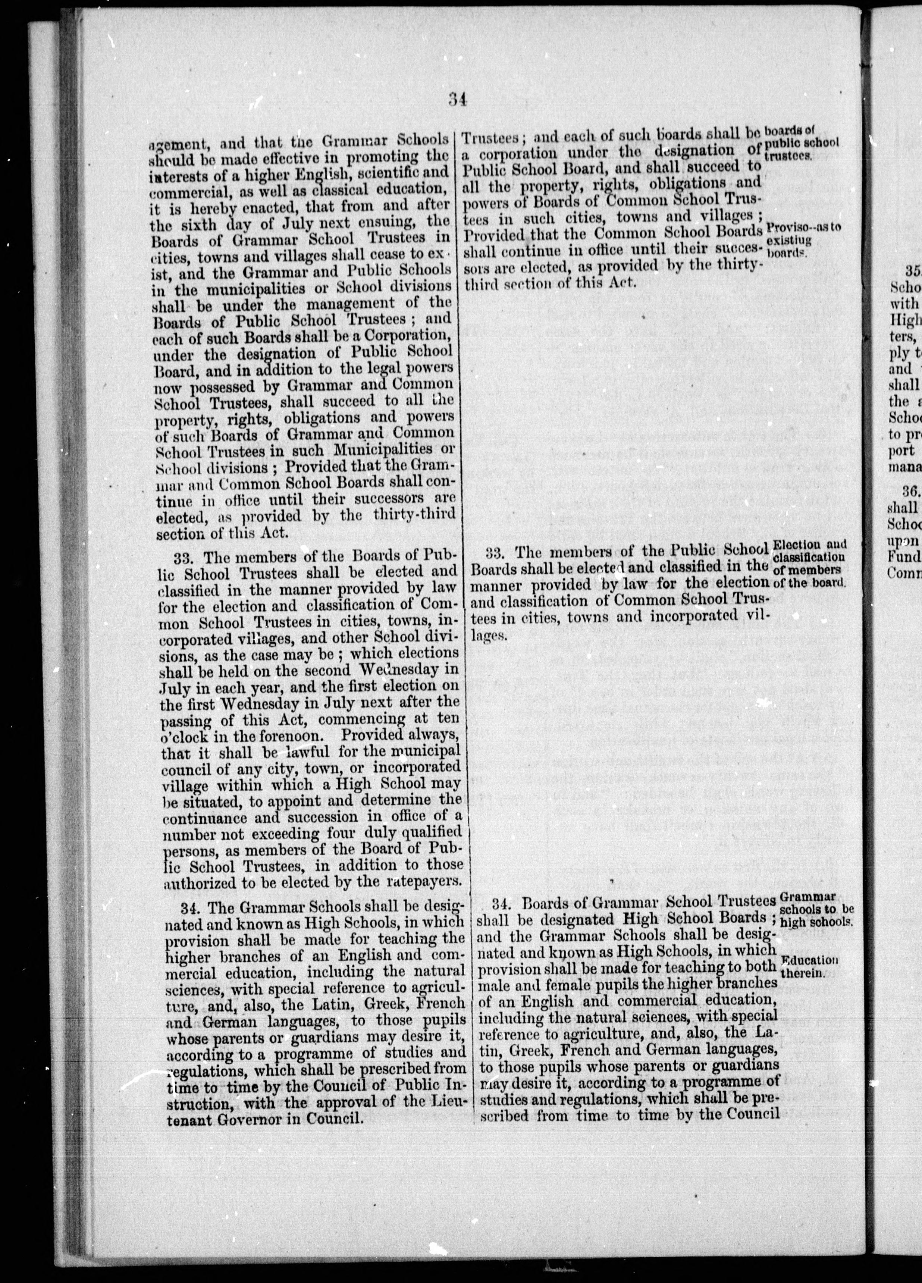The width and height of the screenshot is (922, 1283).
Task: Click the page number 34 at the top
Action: coord(457,100)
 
